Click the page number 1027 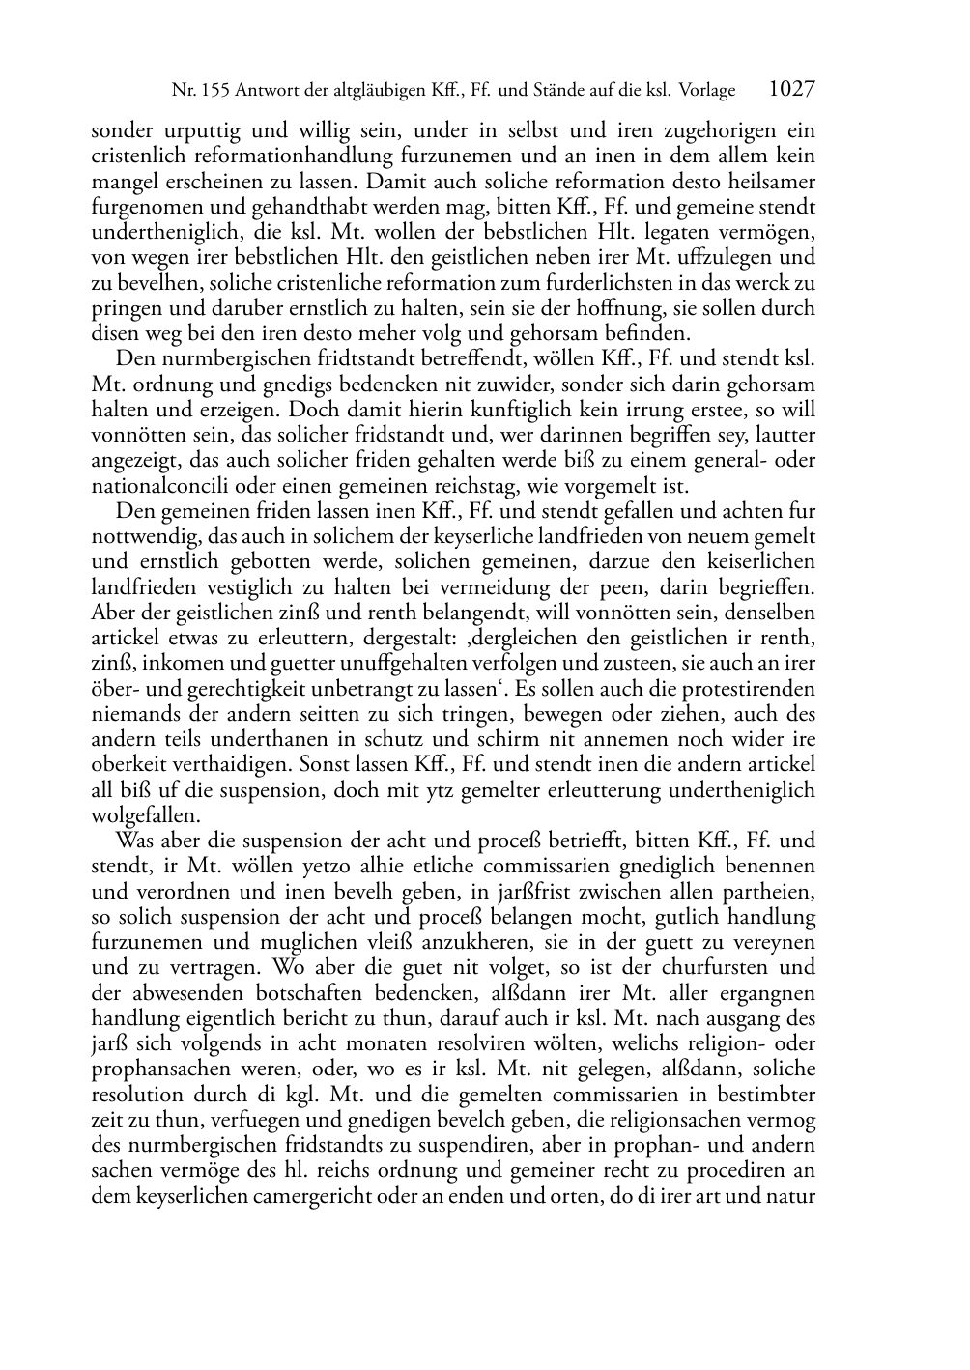(x=791, y=90)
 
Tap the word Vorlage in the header (x=705, y=91)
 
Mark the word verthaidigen (x=226, y=766)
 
